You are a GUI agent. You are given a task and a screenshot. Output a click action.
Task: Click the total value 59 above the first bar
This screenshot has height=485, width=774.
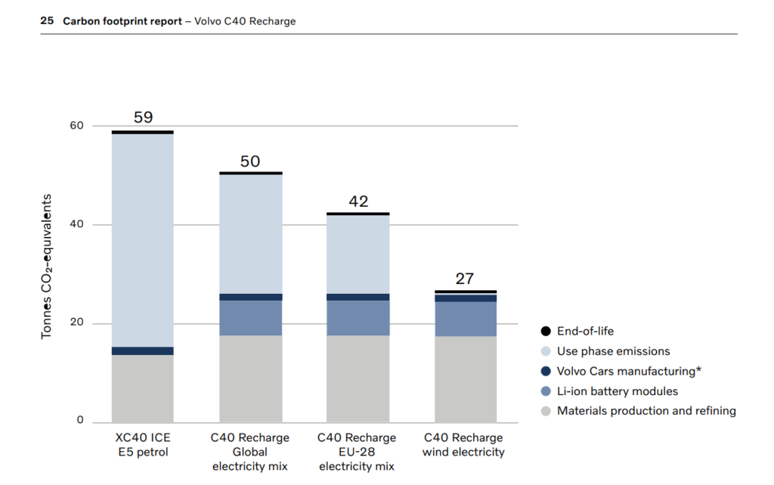click(143, 117)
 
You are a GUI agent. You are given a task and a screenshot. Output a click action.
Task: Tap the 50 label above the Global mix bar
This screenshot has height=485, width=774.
click(250, 161)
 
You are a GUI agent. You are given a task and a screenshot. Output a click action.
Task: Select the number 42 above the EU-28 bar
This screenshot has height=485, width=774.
click(358, 202)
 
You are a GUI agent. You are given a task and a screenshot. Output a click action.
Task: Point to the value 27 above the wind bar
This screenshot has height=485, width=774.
click(465, 279)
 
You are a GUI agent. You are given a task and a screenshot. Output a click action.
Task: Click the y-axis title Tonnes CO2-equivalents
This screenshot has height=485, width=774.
click(47, 266)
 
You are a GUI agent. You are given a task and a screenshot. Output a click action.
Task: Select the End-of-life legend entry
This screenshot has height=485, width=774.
click(585, 331)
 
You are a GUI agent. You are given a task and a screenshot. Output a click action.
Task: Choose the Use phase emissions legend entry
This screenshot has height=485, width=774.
click(613, 351)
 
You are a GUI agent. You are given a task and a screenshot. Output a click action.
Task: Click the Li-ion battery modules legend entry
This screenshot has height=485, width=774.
click(617, 391)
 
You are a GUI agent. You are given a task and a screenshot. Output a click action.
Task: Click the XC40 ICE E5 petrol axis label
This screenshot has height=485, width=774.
click(143, 445)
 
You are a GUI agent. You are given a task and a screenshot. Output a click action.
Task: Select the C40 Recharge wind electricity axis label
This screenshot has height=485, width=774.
click(464, 445)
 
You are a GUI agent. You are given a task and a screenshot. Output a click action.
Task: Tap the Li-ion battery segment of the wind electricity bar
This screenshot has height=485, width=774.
click(466, 319)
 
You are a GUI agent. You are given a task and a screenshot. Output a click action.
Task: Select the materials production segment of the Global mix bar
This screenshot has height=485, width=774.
click(250, 378)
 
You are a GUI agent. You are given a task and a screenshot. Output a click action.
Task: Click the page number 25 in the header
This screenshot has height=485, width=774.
click(47, 21)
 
